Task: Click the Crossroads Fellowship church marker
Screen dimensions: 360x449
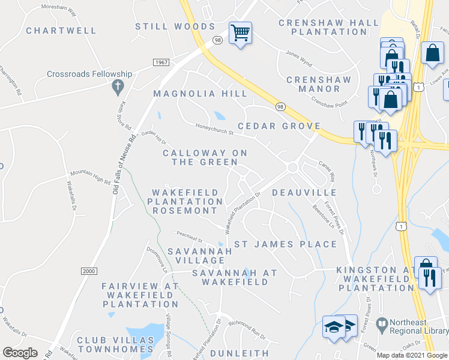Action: [117, 88]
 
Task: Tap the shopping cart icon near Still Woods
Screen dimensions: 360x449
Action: [240, 33]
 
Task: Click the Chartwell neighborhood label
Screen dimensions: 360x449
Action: [61, 30]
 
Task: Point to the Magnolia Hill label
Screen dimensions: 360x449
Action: [200, 94]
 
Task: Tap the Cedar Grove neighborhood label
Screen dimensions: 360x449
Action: [279, 126]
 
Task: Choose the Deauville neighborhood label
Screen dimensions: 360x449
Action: [304, 192]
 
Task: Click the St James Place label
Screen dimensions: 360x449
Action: [285, 244]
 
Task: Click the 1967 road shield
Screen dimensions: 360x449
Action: [160, 62]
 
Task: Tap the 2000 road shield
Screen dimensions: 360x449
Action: [89, 271]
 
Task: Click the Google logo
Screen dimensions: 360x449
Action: [20, 353]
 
